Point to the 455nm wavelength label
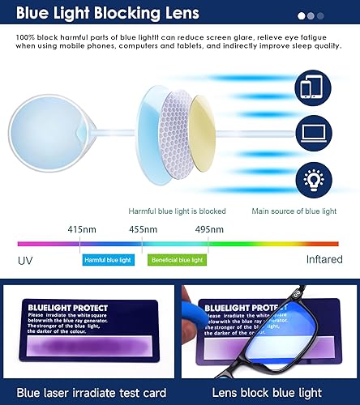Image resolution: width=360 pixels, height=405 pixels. click(143, 229)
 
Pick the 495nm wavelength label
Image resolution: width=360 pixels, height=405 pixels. click(209, 229)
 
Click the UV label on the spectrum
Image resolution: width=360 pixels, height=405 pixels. click(26, 260)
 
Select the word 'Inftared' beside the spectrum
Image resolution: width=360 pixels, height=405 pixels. click(324, 260)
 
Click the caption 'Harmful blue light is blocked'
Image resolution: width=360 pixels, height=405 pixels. click(177, 211)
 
